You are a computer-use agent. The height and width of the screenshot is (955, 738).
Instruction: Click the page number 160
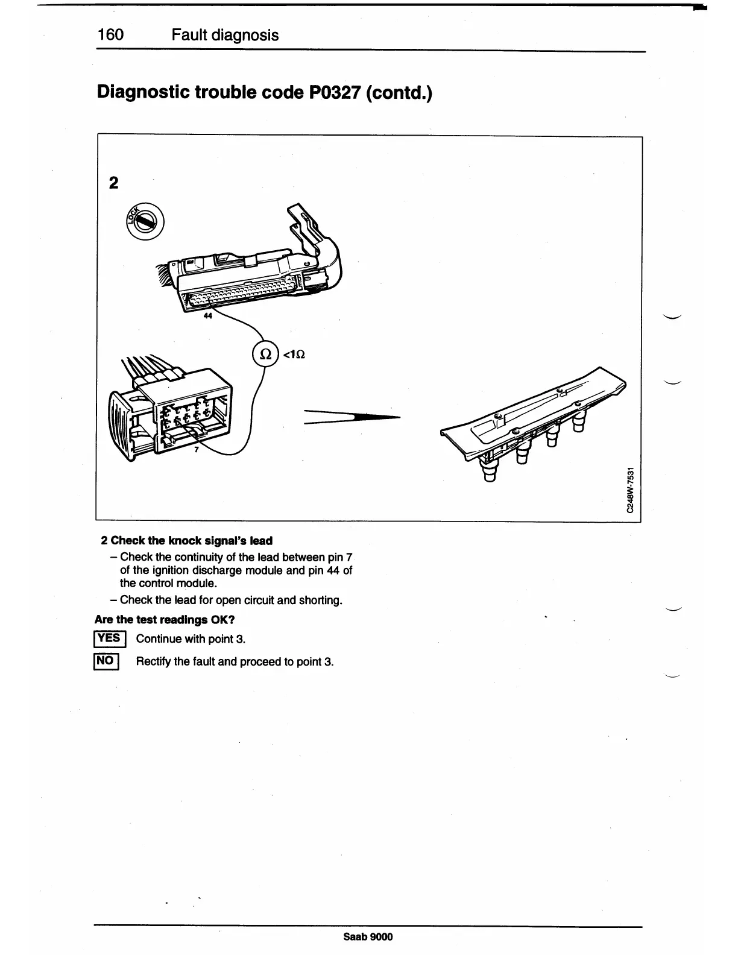(x=110, y=34)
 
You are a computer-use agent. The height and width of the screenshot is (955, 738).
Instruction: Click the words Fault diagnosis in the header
(x=225, y=35)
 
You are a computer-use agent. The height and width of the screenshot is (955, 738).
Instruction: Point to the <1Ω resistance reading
(x=294, y=355)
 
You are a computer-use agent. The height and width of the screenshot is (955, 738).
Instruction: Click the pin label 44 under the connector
(x=208, y=317)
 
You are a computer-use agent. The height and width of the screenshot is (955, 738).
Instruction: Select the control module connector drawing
(x=253, y=265)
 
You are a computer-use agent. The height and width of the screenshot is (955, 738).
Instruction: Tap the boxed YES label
(x=109, y=638)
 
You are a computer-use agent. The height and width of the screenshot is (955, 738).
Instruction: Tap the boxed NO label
(x=106, y=661)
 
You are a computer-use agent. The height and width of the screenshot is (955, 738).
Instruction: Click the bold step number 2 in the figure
(x=113, y=183)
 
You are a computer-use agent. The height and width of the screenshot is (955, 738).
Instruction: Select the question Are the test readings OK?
(x=165, y=619)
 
